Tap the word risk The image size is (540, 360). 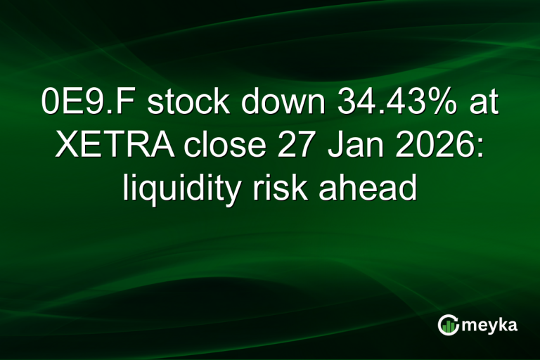point(285,189)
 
